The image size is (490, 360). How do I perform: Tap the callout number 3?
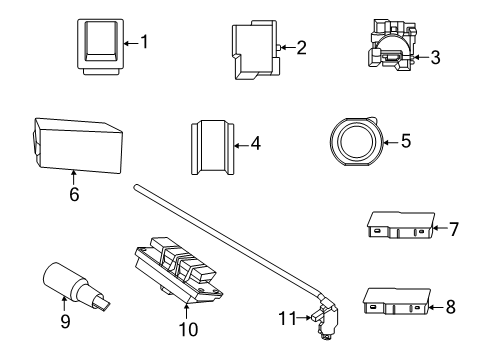[434, 57]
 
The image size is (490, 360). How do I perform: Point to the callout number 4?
[256, 144]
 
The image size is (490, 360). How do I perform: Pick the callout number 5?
[405, 141]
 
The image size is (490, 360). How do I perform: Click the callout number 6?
[74, 194]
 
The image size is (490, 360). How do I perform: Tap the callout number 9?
[65, 323]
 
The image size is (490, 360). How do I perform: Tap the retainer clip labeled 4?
[212, 146]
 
